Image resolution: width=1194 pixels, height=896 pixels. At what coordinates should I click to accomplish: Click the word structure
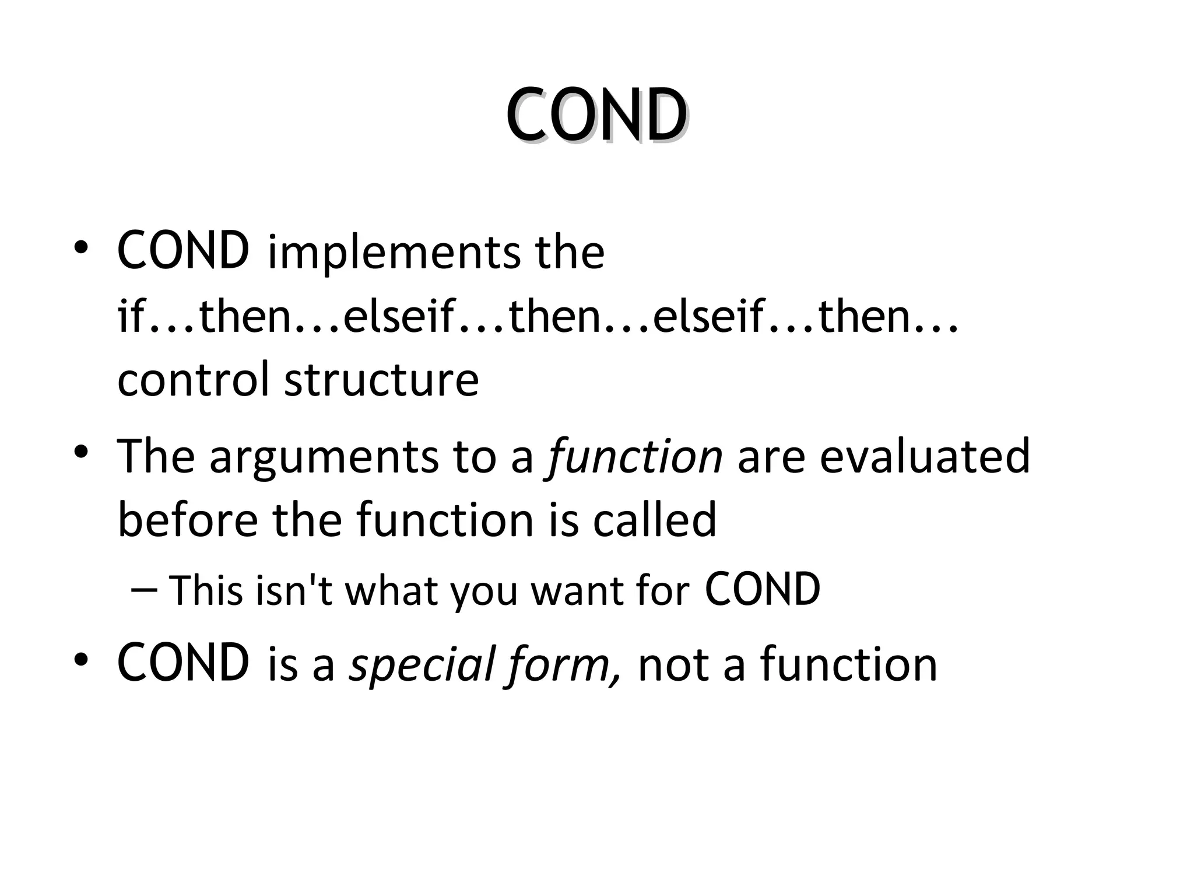[x=381, y=380]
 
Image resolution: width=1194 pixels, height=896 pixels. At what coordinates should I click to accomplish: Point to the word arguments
[x=324, y=457]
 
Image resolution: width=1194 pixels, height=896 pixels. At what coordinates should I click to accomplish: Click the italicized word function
[x=634, y=457]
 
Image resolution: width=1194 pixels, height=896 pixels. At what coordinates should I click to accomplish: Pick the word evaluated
[x=925, y=457]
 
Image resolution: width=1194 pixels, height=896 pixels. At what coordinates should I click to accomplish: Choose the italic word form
[x=563, y=664]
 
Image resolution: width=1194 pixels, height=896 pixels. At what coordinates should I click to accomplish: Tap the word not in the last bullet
[x=673, y=664]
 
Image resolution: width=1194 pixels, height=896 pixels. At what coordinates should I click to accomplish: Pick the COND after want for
[x=763, y=589]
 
